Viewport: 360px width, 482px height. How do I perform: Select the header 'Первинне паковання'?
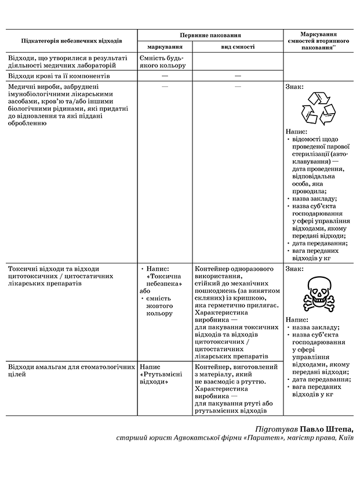[x=210, y=35]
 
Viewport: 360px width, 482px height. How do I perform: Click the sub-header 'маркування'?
[x=165, y=46]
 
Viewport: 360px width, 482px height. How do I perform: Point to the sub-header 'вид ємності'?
[x=238, y=46]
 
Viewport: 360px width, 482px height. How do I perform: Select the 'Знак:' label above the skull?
[x=294, y=269]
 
